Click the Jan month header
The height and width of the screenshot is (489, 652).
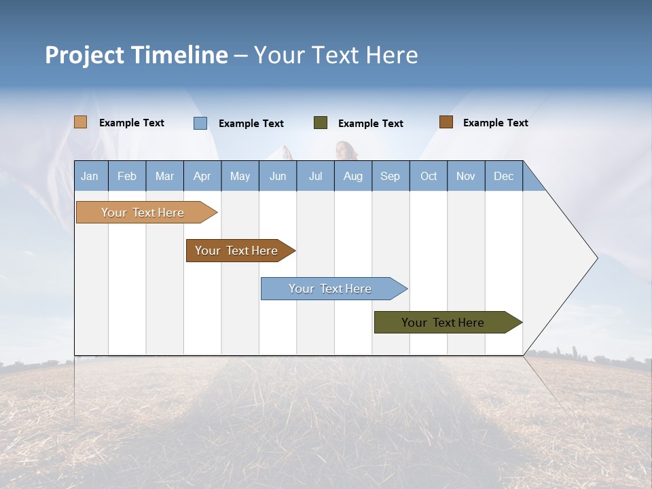[x=90, y=176]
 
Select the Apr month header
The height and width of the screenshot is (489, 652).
[x=202, y=176]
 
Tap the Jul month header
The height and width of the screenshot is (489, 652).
[x=315, y=176]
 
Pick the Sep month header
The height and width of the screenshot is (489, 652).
[x=390, y=176]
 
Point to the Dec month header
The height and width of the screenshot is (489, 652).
[x=503, y=176]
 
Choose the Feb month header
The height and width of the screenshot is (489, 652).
[x=127, y=176]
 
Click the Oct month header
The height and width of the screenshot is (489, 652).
[x=429, y=176]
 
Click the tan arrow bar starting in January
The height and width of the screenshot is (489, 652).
[x=143, y=213]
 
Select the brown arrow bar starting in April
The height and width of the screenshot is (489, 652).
[x=236, y=251]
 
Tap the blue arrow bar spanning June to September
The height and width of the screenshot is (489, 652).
[x=330, y=289]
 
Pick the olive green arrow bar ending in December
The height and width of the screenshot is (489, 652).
[x=443, y=323]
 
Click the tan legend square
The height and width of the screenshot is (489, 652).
[x=81, y=122]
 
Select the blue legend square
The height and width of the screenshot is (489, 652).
[x=200, y=123]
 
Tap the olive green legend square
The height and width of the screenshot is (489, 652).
[x=321, y=123]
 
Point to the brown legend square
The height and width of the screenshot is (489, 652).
[x=446, y=122]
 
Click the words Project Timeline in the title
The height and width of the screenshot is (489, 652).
[x=136, y=55]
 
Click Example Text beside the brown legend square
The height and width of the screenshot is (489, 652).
[x=495, y=122]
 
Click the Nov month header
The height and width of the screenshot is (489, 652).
[x=466, y=176]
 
